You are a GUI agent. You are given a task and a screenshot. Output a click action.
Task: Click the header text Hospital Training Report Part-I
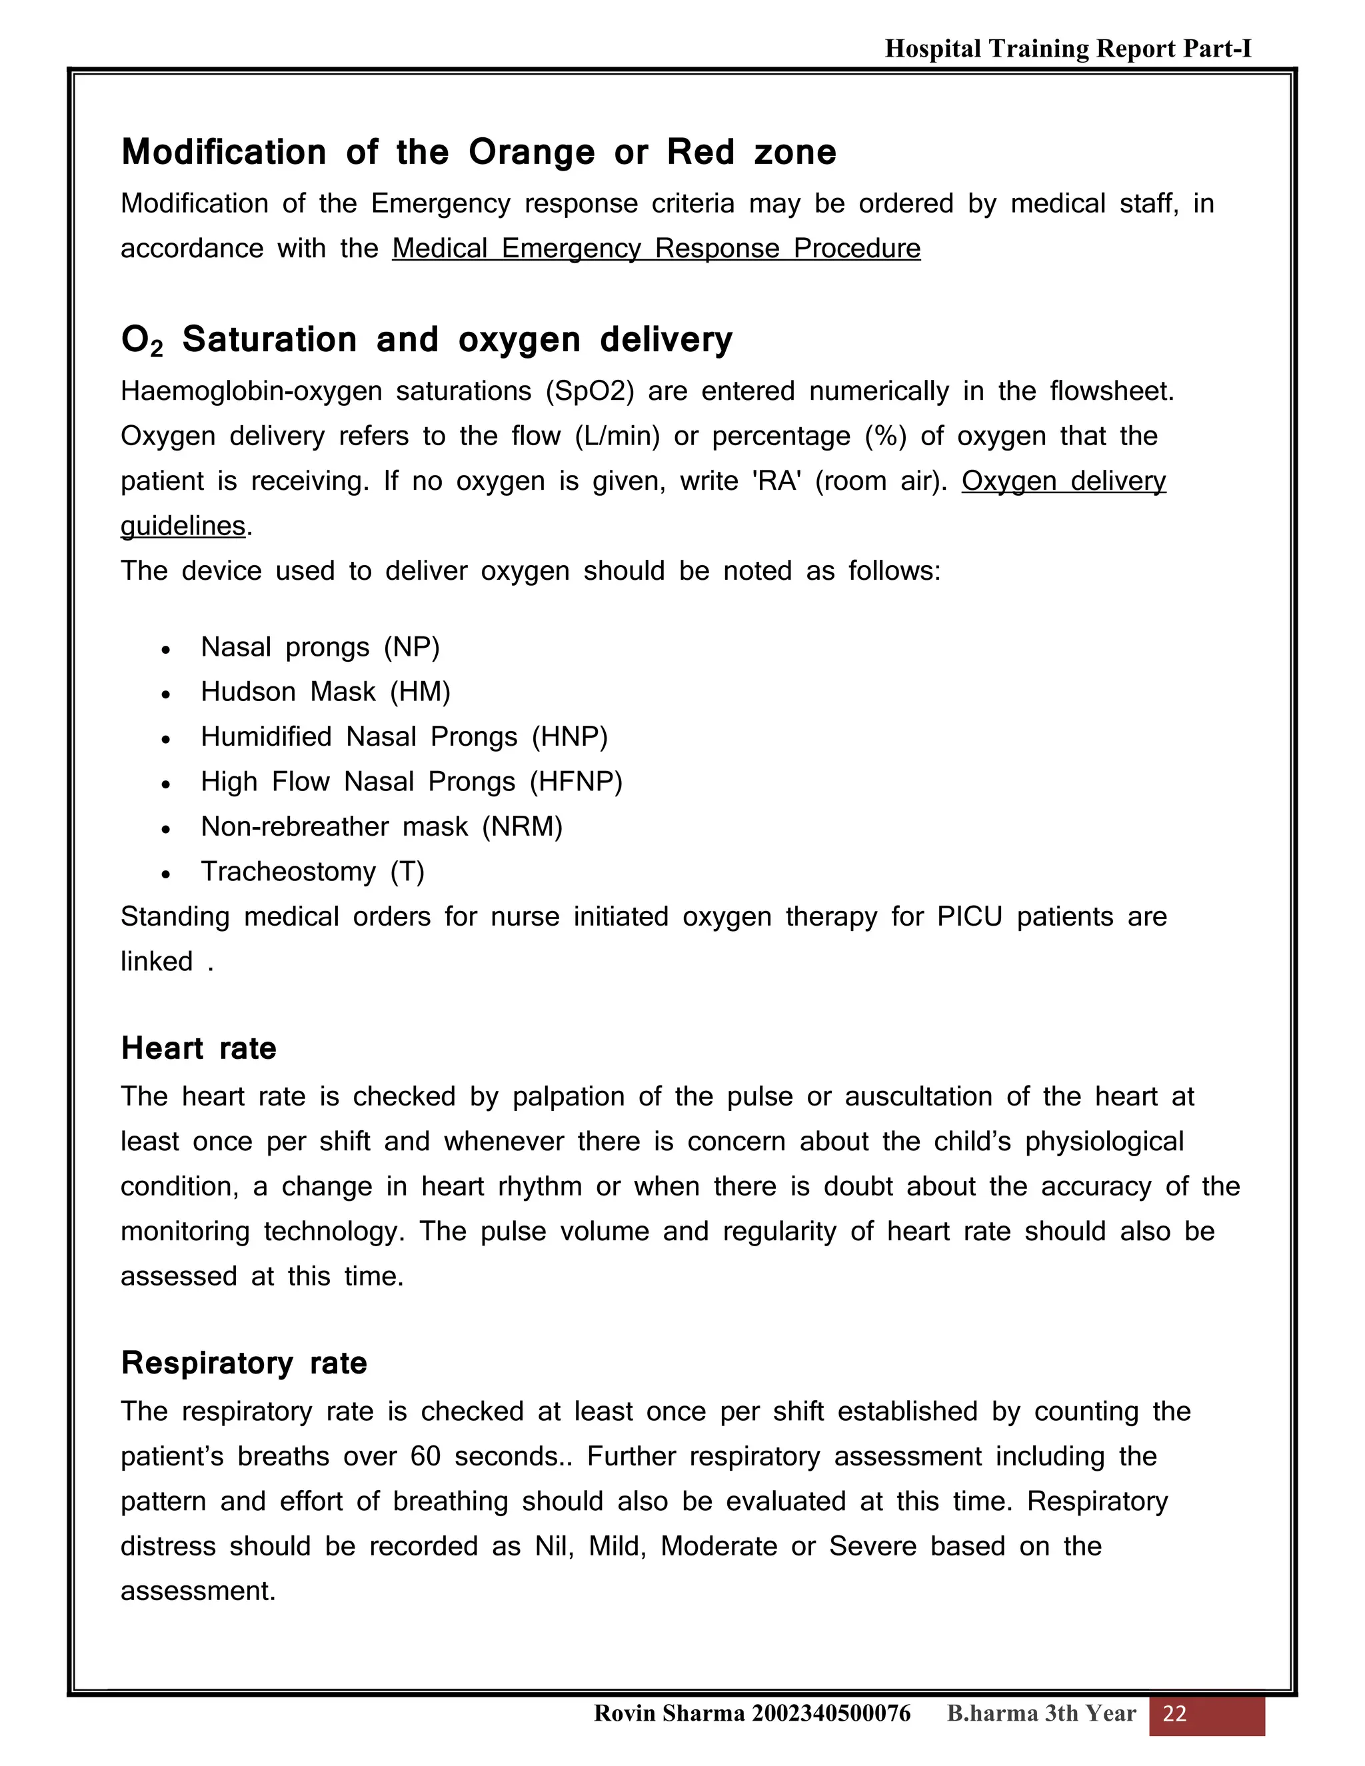pos(1068,49)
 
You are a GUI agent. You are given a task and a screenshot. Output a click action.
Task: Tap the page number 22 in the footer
pos(1174,1713)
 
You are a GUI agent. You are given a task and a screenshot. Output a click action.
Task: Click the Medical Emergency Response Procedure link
pos(656,249)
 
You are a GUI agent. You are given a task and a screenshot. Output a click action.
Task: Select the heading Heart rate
pos(199,1049)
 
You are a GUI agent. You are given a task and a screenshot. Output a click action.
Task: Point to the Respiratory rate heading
pos(243,1363)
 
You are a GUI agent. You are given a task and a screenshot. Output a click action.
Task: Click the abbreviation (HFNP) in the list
pos(576,782)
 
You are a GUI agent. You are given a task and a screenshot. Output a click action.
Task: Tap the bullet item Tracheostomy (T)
pos(312,872)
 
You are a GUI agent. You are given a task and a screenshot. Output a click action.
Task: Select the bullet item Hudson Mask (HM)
pos(325,692)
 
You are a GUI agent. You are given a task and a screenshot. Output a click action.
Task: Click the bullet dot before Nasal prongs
pos(166,649)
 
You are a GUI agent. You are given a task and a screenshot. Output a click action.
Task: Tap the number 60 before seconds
pos(425,1456)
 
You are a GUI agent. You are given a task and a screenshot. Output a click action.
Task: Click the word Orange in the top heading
pos(531,153)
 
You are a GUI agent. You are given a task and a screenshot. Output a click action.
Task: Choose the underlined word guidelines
pos(183,526)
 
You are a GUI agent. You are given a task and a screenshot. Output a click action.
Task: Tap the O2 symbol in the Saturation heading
pos(141,341)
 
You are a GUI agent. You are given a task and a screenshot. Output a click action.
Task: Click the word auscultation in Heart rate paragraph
pos(918,1096)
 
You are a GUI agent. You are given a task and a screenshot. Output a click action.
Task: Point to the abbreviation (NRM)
pos(522,826)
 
